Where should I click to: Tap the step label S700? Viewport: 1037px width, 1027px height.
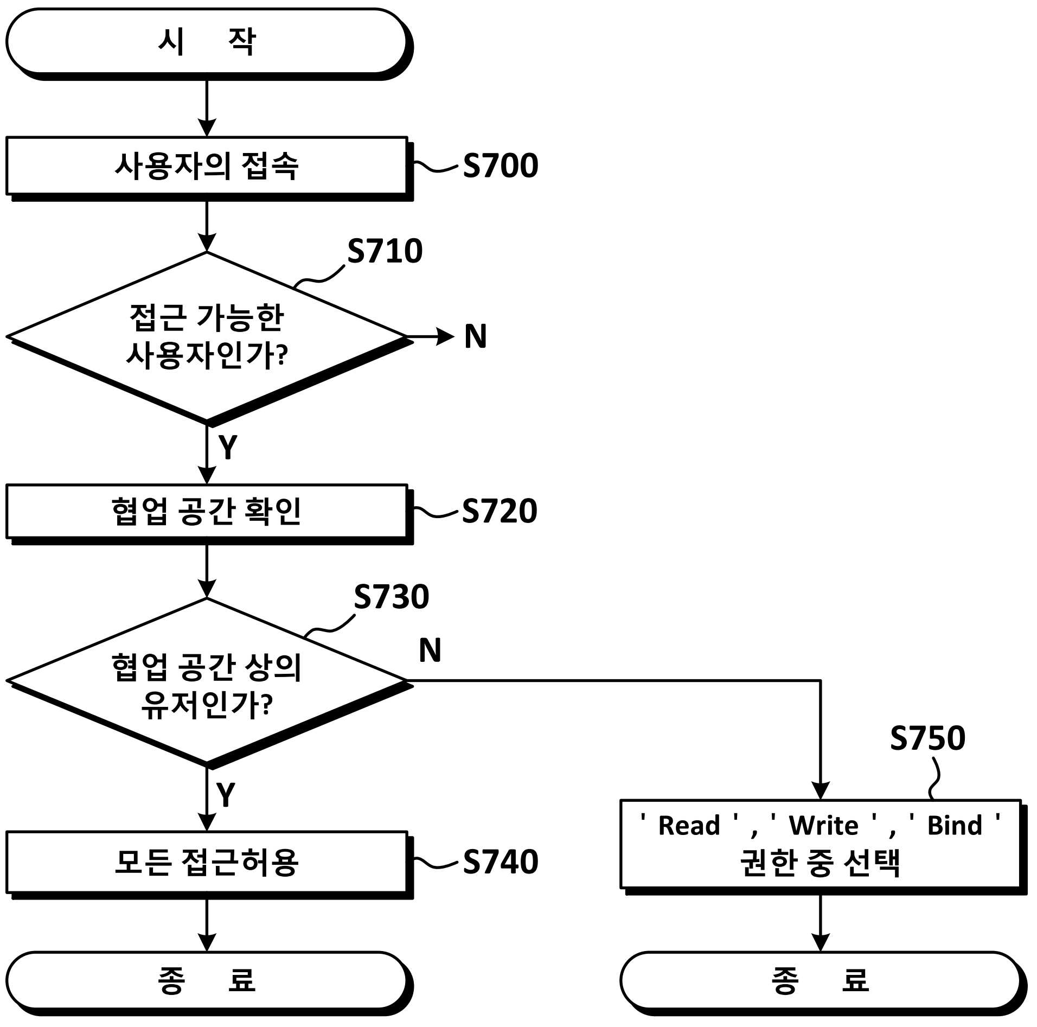point(500,165)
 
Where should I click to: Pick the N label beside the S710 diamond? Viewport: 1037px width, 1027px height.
point(476,336)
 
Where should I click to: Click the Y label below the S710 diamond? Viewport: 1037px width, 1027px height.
point(228,447)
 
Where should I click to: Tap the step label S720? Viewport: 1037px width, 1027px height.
point(500,511)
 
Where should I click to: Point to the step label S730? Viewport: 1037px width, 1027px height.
point(391,597)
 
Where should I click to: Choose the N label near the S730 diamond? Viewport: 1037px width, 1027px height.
point(430,650)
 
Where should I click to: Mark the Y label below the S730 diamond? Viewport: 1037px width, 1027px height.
point(226,795)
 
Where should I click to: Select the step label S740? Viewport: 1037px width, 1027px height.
point(500,862)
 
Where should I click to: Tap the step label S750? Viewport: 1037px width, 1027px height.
point(927,738)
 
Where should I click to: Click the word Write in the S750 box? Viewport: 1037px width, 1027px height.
point(823,826)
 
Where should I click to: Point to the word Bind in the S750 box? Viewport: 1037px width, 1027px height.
point(955,826)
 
